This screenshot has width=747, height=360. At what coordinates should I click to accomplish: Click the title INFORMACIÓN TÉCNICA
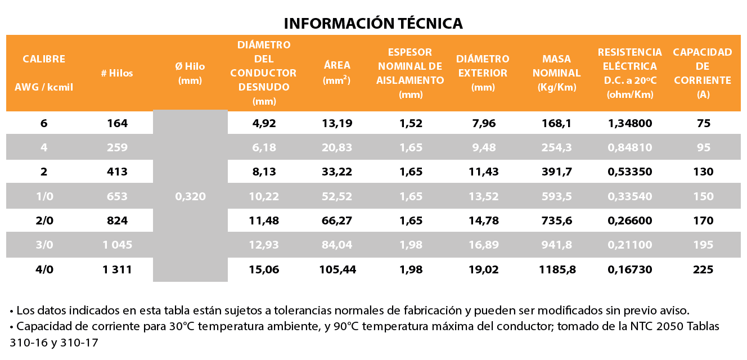(x=373, y=23)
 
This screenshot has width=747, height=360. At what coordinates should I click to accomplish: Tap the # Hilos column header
(x=117, y=73)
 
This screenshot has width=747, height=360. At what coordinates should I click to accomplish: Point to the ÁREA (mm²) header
(x=337, y=73)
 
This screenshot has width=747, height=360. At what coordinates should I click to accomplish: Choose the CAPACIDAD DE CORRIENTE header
(x=703, y=73)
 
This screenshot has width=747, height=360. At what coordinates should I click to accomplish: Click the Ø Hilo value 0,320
(x=190, y=196)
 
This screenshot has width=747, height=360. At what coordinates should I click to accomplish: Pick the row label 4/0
(x=44, y=269)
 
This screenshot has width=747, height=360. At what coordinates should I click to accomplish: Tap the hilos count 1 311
(x=117, y=269)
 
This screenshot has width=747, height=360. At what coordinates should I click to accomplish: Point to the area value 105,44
(x=337, y=269)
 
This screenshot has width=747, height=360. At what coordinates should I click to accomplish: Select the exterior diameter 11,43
(x=483, y=172)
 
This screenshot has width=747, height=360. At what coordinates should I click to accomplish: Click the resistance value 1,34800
(x=630, y=123)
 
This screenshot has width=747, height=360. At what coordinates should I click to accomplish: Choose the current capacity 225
(x=703, y=269)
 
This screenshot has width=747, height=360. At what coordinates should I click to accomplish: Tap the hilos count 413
(x=117, y=172)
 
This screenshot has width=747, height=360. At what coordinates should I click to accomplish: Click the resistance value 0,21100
(x=630, y=245)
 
